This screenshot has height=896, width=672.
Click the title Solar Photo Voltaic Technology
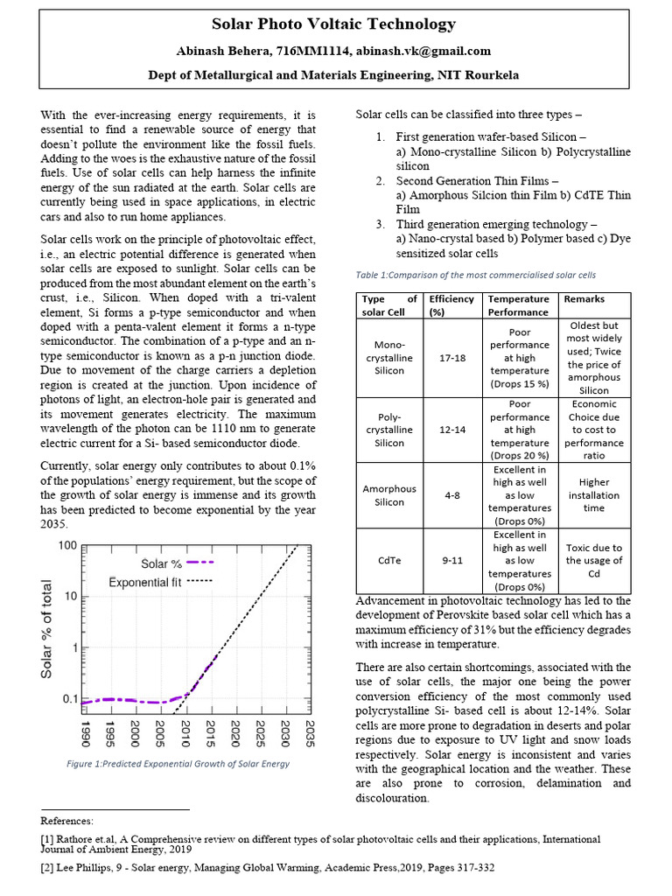(x=335, y=24)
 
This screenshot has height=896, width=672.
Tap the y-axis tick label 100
(x=66, y=546)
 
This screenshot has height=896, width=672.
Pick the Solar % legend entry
(x=163, y=563)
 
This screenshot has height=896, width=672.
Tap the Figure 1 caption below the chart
(x=178, y=764)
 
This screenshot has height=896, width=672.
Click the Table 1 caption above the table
(x=475, y=275)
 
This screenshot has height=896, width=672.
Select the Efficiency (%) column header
(x=452, y=304)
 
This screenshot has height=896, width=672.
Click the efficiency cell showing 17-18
(x=452, y=357)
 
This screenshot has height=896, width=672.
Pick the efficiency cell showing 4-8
(x=452, y=495)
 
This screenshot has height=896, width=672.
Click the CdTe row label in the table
(x=389, y=561)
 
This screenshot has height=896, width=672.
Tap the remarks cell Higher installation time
(x=594, y=494)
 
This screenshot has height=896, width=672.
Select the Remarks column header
(x=584, y=299)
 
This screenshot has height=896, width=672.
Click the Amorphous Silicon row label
(x=389, y=495)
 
